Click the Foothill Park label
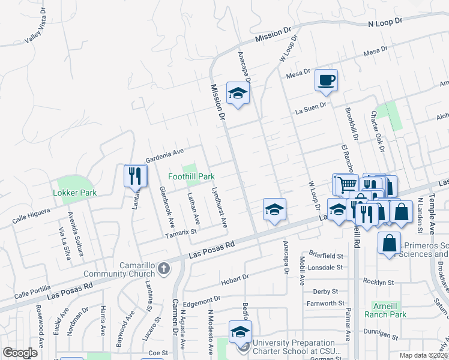point(191,177)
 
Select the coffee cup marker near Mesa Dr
point(326,80)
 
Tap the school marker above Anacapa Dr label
point(274,209)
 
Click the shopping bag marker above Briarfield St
point(390,244)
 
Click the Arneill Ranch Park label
point(389,310)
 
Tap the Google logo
point(20,352)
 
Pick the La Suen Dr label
point(310,108)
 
